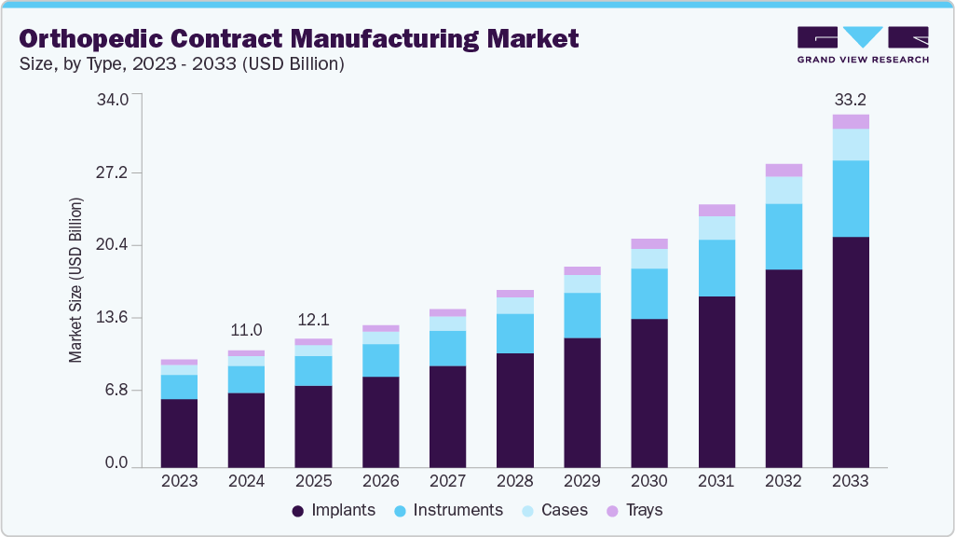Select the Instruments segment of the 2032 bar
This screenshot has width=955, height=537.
click(x=784, y=237)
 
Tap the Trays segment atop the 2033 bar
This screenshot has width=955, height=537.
click(x=851, y=121)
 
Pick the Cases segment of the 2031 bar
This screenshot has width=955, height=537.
click(x=716, y=227)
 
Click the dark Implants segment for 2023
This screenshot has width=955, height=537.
click(x=179, y=433)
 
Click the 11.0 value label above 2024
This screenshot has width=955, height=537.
click(x=246, y=330)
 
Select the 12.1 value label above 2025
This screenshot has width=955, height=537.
click(x=313, y=319)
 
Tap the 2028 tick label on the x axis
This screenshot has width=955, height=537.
click(x=515, y=481)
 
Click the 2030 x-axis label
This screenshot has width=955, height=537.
click(x=649, y=481)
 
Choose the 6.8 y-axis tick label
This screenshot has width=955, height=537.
click(x=128, y=391)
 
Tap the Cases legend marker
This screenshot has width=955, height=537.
click(x=527, y=511)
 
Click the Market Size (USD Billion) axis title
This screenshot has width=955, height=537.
click(x=75, y=280)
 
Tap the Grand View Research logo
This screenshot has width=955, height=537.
click(x=863, y=44)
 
